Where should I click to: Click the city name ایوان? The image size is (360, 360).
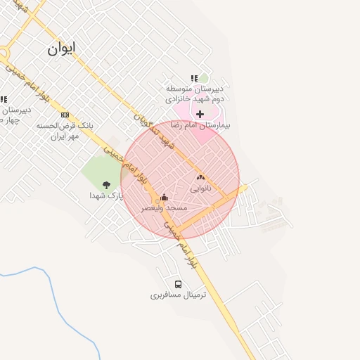[63, 49]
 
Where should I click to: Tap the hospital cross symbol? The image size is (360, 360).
[200, 113]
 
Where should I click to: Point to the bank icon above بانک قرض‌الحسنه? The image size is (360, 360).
[65, 115]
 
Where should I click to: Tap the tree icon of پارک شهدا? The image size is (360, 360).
[107, 185]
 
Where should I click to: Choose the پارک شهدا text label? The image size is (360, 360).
[105, 196]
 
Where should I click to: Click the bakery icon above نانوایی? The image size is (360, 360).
[200, 178]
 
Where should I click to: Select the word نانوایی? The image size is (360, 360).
[200, 188]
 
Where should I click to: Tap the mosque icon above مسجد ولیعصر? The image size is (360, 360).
[165, 197]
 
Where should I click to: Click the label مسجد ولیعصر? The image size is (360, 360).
[165, 208]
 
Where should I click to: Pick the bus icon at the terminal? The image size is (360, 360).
[178, 285]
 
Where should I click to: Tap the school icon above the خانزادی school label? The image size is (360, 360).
[193, 78]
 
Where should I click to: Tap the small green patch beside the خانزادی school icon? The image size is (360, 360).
[204, 78]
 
